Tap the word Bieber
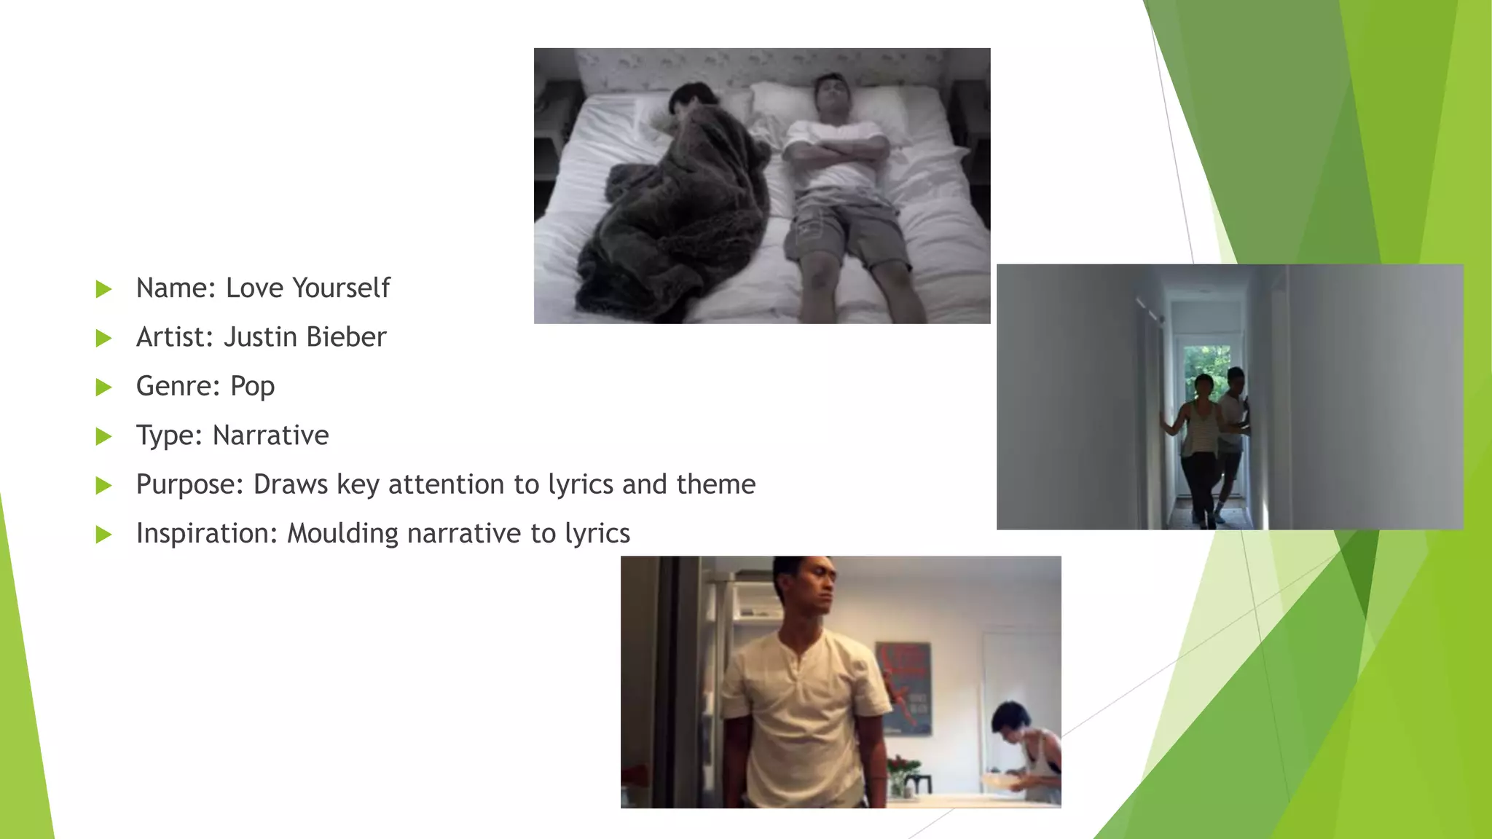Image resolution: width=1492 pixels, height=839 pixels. pyautogui.click(x=346, y=337)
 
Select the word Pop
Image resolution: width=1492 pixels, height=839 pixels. pyautogui.click(x=252, y=386)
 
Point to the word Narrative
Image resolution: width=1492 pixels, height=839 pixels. pyautogui.click(x=270, y=436)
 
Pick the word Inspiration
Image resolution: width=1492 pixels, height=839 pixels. pyautogui.click(x=207, y=534)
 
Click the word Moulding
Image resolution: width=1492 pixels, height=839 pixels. pyautogui.click(x=342, y=534)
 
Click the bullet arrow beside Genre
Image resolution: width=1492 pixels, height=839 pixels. pyautogui.click(x=103, y=387)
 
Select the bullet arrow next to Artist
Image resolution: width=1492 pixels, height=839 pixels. pyautogui.click(x=103, y=338)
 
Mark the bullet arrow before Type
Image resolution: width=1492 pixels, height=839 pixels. pyautogui.click(x=103, y=436)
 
